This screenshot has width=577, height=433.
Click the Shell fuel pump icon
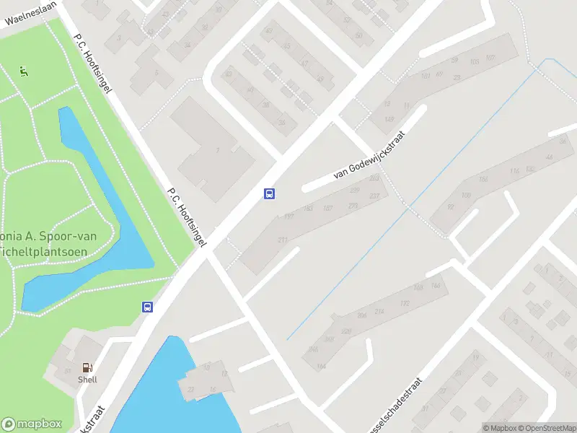pyautogui.click(x=87, y=368)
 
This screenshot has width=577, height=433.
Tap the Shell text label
pyautogui.click(x=87, y=380)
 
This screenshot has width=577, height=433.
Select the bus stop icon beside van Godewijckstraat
pyautogui.click(x=269, y=193)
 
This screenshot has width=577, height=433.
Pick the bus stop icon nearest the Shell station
pyautogui.click(x=147, y=307)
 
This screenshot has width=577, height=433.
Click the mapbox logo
pyautogui.click(x=32, y=424)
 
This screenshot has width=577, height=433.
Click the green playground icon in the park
pyautogui.click(x=24, y=71)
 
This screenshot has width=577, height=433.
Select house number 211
pyautogui.click(x=283, y=240)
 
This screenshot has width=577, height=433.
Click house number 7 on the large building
pyautogui.click(x=217, y=150)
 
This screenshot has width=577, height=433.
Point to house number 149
pyautogui.click(x=389, y=119)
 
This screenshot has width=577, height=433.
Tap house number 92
pyautogui.click(x=452, y=206)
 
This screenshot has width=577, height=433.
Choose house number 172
pyautogui.click(x=404, y=304)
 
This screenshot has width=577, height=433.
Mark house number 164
pyautogui.click(x=321, y=367)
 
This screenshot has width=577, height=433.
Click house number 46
pyautogui.click(x=550, y=157)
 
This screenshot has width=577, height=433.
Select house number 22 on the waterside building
pyautogui.click(x=191, y=389)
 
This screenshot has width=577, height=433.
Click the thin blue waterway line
pyautogui.click(x=404, y=216)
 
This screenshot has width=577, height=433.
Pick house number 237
pyautogui.click(x=374, y=196)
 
